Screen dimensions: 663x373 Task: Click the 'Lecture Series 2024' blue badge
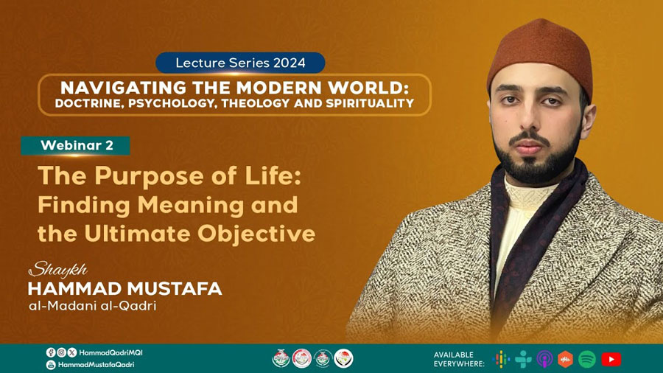tap(240, 63)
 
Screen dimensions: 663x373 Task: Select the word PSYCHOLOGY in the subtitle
tap(172, 104)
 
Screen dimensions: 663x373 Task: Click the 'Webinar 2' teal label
tap(75, 145)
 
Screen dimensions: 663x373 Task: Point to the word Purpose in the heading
tap(150, 177)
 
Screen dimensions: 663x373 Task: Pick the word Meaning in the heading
tap(191, 206)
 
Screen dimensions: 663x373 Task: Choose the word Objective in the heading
tap(256, 234)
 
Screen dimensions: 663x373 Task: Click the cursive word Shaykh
tap(58, 270)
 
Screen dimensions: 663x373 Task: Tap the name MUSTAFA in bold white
tap(174, 289)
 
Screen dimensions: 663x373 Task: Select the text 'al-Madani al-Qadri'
tap(93, 306)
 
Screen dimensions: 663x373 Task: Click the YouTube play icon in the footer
tap(611, 360)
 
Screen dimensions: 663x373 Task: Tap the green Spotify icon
tap(587, 360)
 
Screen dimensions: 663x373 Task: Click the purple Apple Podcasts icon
tap(544, 360)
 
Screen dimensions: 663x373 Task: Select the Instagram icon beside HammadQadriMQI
tap(61, 352)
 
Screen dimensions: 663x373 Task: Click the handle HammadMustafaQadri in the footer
tap(96, 365)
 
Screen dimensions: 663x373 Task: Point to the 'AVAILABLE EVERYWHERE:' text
tap(459, 359)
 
